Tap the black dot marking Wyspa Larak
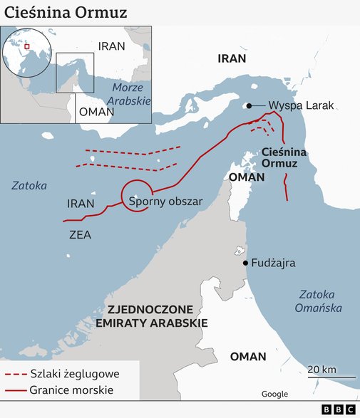click(249, 106)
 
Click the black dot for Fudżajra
click(245, 263)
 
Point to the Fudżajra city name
click(274, 263)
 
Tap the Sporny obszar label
click(165, 202)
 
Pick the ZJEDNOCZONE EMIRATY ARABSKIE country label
click(157, 316)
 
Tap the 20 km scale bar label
click(322, 369)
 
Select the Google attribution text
click(274, 394)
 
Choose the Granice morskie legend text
click(71, 390)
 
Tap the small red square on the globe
click(27, 47)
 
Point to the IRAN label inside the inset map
click(111, 46)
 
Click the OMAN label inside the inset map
click(96, 112)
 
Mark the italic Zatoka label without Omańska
click(29, 186)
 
